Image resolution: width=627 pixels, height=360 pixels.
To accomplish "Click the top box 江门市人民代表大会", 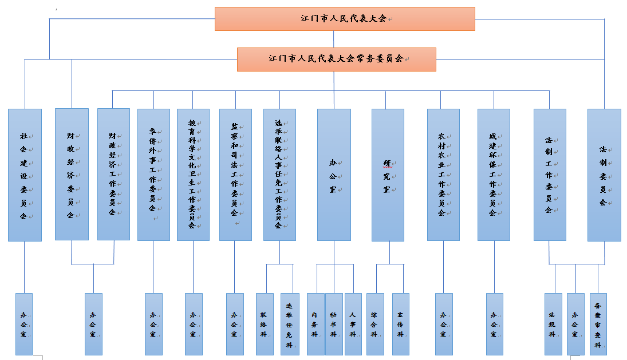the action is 345,19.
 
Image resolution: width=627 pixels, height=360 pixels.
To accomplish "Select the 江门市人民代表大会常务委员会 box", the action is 336,60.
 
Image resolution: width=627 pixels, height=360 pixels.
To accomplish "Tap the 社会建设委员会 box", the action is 25,175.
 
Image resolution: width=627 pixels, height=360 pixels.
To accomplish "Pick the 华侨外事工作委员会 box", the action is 153,175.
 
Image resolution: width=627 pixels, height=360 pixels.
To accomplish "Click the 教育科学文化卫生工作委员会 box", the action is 193,175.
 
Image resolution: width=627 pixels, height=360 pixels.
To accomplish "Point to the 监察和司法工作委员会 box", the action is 235,175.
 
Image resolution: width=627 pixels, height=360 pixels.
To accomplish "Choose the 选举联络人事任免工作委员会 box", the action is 279,175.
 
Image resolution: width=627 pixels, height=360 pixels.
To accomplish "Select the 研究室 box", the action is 388,175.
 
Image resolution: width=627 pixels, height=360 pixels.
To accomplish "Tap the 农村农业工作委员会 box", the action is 443,175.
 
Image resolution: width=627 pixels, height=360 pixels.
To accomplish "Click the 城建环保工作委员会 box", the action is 494,175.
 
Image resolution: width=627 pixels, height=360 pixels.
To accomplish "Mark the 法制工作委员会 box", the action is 550,175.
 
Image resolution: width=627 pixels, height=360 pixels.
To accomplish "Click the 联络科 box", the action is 265,324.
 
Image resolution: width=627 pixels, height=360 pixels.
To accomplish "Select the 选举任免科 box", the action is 290,324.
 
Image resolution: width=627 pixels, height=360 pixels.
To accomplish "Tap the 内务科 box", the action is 316,324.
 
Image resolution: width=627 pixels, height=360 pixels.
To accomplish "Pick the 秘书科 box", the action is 334,324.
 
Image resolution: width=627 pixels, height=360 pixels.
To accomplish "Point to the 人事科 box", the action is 353,324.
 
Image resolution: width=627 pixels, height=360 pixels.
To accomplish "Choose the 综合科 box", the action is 375,324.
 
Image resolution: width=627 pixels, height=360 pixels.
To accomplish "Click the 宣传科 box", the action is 401,324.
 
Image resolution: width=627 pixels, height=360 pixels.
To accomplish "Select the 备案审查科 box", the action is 598,324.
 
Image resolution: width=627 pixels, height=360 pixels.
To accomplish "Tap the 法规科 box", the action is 554,324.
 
